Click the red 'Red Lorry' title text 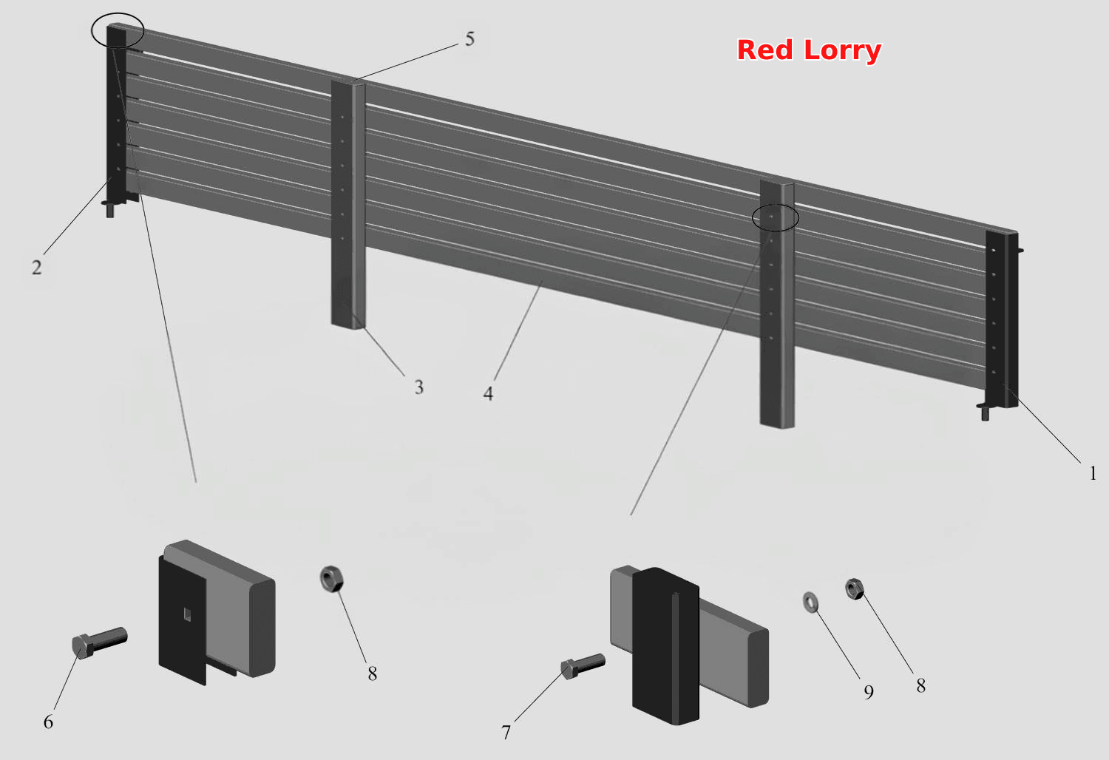click(x=809, y=50)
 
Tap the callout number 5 click(x=469, y=39)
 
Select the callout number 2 click(x=37, y=268)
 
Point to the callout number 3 click(x=419, y=387)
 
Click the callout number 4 click(x=488, y=394)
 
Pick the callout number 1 click(x=1093, y=473)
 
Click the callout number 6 click(x=48, y=722)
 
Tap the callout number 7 click(x=506, y=733)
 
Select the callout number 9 click(x=869, y=692)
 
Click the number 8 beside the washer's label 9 click(x=921, y=686)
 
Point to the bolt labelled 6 click(x=100, y=642)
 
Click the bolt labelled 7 click(x=583, y=666)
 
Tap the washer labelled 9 click(x=810, y=602)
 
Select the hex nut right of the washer click(x=855, y=589)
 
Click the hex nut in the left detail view click(x=332, y=579)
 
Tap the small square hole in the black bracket click(x=187, y=614)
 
